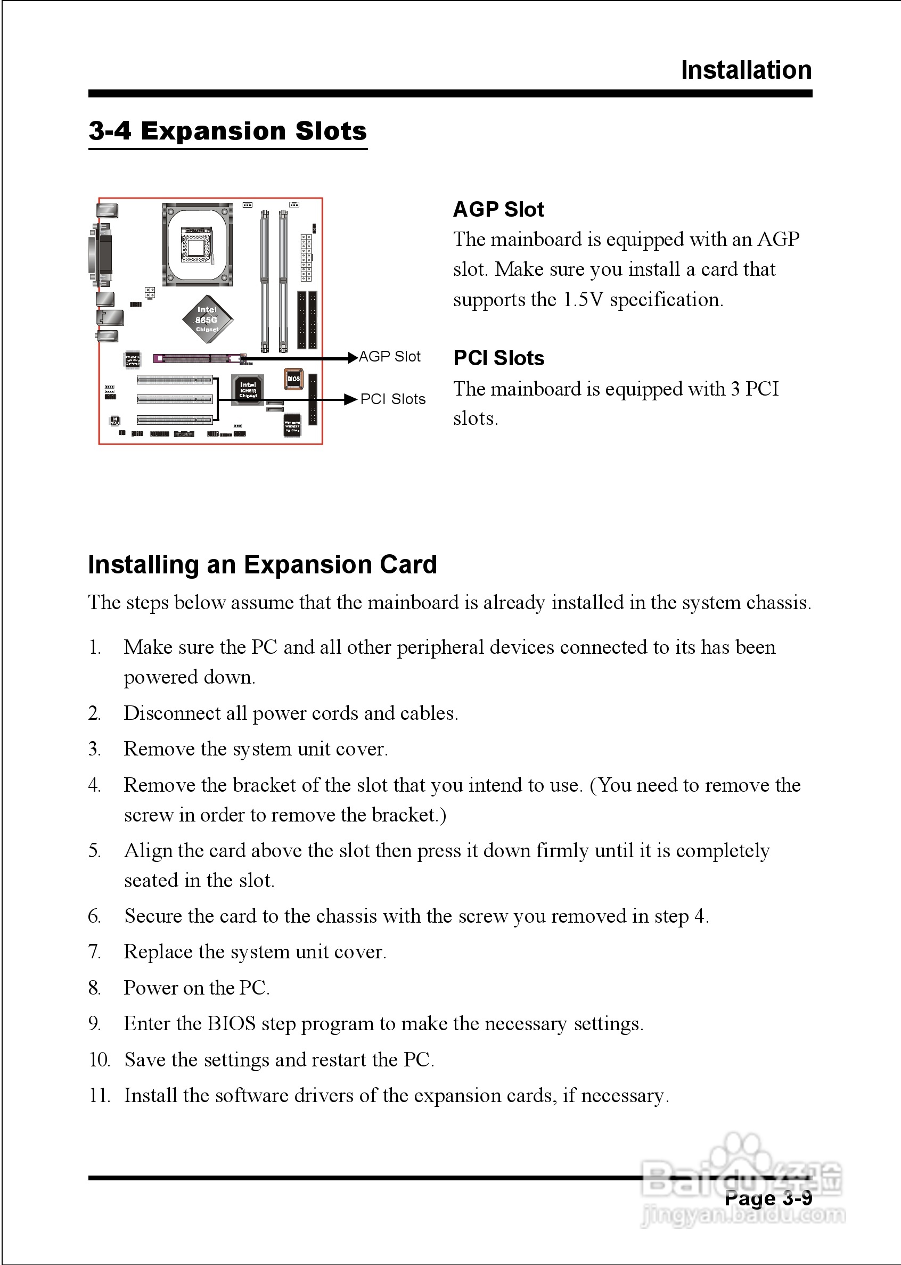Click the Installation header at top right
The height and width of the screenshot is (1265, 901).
click(746, 70)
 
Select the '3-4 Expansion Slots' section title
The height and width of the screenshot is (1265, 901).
click(227, 132)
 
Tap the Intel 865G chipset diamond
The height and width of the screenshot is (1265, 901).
click(208, 319)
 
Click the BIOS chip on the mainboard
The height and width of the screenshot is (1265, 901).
click(293, 379)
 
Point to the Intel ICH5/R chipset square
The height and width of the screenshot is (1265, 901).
click(248, 389)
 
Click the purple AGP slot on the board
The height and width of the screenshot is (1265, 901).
click(199, 358)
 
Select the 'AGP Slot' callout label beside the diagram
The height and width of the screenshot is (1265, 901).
click(389, 357)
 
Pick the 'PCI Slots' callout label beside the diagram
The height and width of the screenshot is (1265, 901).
click(393, 399)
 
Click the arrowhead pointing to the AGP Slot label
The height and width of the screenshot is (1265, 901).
click(353, 358)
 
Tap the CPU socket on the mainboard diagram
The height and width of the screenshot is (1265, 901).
click(197, 244)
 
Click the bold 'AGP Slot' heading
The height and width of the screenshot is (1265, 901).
click(498, 210)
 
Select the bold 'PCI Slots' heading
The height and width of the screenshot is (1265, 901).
click(498, 358)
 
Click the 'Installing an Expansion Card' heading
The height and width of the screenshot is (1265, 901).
click(263, 564)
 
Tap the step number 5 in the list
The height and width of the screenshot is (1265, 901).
click(94, 851)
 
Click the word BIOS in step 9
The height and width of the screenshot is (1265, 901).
click(231, 1023)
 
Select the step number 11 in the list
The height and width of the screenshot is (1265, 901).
click(99, 1095)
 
